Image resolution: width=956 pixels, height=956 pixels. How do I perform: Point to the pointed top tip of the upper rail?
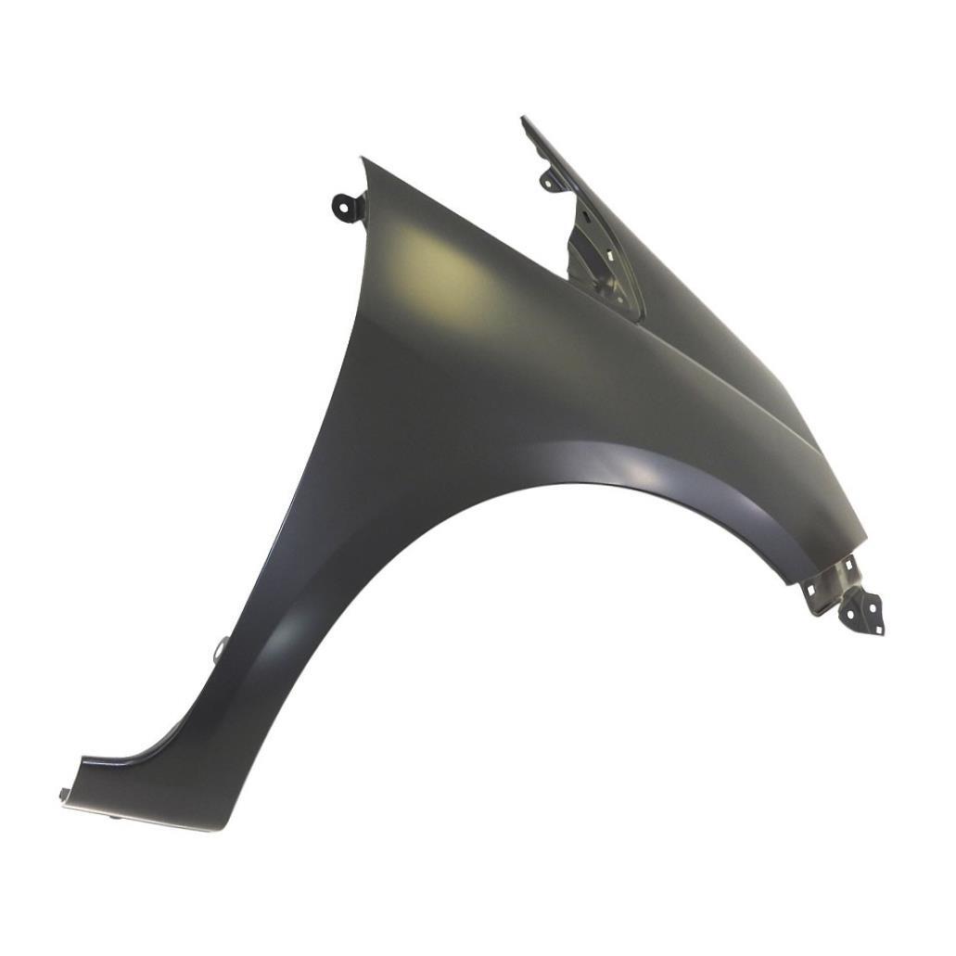[525, 119]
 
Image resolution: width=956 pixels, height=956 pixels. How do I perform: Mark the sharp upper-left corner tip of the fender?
[363, 159]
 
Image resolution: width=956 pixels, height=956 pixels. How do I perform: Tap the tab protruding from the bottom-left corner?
[65, 794]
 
